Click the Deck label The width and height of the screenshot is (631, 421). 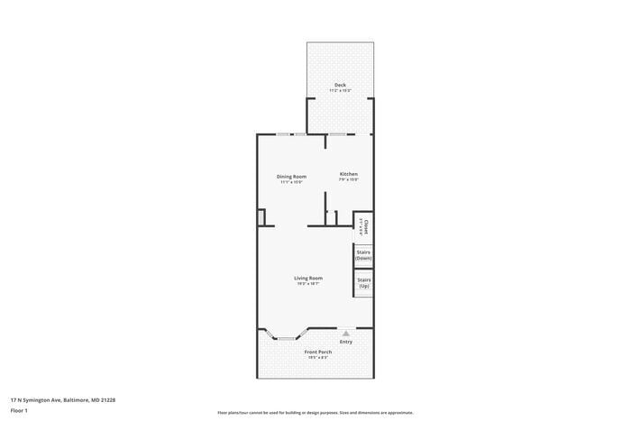point(340,85)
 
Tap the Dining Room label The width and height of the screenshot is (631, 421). point(291,176)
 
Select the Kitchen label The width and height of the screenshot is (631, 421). point(348,174)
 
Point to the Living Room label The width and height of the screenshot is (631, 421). point(308,278)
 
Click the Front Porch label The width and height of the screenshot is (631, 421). point(318,352)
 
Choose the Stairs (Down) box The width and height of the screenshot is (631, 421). point(363,255)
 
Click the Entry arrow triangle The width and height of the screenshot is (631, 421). point(345,333)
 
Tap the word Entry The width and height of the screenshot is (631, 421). point(346,342)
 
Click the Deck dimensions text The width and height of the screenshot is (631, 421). point(340,91)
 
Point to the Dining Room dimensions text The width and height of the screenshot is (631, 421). point(291,182)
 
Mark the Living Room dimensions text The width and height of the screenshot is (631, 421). point(308,284)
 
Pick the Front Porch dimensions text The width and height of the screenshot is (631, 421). point(318,358)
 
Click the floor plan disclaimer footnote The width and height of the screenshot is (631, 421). point(315,412)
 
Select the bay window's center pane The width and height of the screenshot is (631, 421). point(285,338)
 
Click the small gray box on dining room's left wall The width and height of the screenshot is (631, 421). point(261,217)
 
